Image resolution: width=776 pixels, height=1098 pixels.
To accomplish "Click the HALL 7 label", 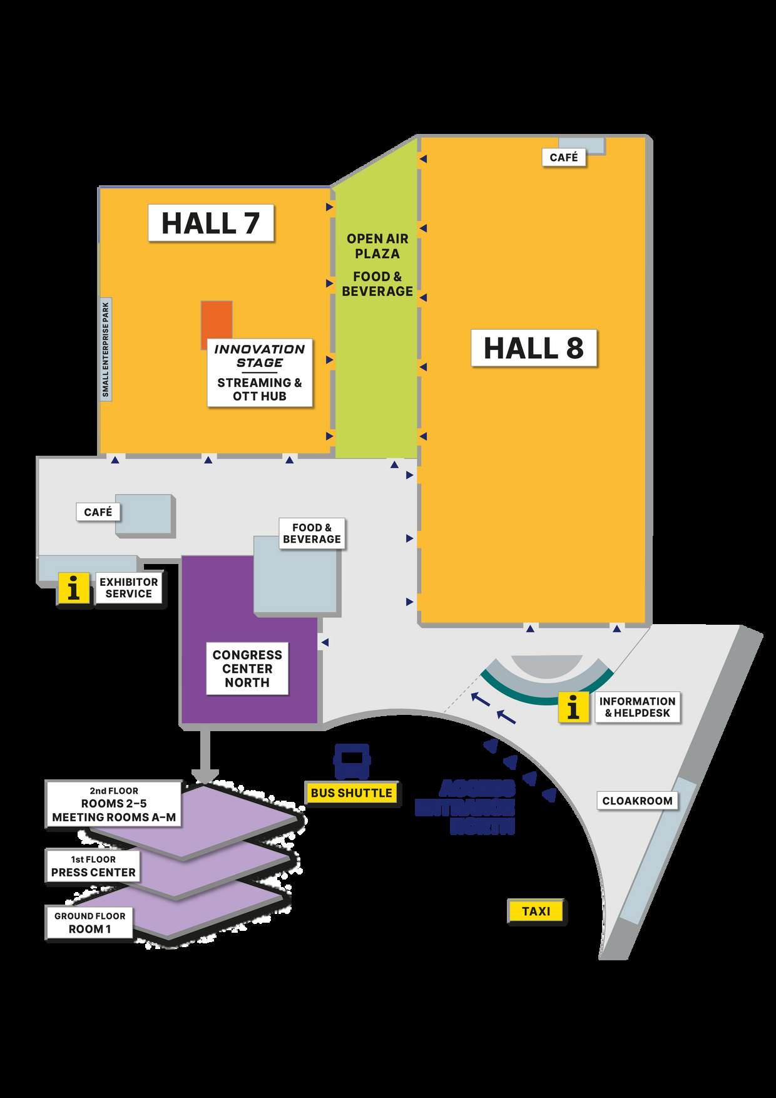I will (x=211, y=223).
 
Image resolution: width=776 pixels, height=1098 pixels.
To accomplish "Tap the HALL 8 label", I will (x=534, y=348).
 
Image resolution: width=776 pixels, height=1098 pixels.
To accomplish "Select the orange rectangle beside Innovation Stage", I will (x=216, y=321).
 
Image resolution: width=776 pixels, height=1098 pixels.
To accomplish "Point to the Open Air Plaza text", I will (x=377, y=246).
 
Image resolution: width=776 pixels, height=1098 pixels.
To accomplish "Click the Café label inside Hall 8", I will (x=564, y=157).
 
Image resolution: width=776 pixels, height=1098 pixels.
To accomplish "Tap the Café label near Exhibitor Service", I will (x=98, y=512).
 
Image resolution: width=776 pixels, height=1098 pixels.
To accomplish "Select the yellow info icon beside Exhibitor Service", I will (x=74, y=588).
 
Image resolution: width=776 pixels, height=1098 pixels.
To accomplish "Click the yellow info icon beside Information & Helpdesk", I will (x=573, y=707).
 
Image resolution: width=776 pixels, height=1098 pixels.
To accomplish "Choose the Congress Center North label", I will (x=247, y=669).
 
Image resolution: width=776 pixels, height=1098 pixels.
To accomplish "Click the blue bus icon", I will (x=352, y=761).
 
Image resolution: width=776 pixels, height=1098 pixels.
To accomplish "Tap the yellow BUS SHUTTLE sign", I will (x=352, y=793).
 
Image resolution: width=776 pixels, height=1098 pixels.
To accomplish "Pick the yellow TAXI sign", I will (x=536, y=911).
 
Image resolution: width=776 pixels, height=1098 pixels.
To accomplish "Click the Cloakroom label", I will (x=637, y=801).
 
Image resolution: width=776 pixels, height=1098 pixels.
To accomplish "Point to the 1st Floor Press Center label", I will (x=93, y=866).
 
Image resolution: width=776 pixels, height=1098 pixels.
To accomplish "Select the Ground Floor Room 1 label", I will (x=89, y=923).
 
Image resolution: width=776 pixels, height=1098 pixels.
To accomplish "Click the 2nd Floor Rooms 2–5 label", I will (x=114, y=804).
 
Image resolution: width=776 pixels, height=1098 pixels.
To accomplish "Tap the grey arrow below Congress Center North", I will (x=205, y=757).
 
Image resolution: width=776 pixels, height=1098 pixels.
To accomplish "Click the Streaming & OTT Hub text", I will (x=260, y=389).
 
